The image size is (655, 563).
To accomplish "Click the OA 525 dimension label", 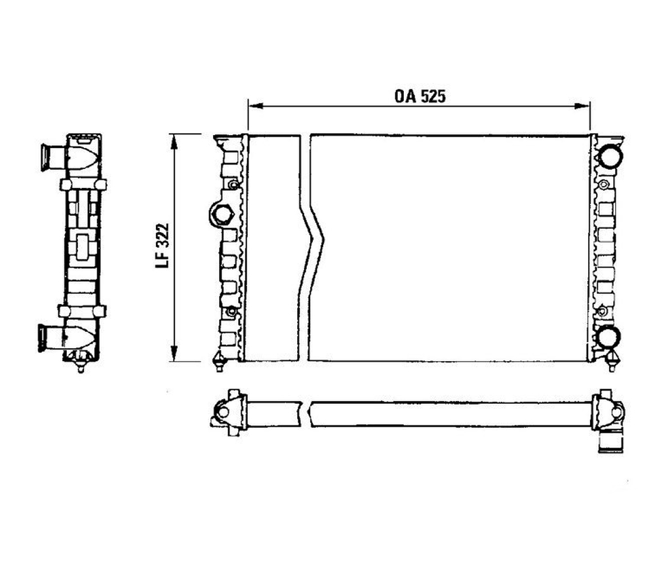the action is [420, 96].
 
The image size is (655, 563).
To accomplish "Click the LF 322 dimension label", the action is [162, 245].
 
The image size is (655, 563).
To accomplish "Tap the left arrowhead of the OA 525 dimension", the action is [255, 106].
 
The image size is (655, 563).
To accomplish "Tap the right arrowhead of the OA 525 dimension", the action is [582, 106].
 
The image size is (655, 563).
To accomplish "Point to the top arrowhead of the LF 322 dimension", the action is [174, 142].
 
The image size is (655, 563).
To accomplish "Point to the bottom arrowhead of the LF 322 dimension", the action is [174, 354].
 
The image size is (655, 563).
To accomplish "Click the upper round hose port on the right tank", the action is [610, 156].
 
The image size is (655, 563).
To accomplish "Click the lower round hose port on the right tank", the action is [608, 337].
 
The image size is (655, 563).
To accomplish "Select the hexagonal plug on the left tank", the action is [220, 214].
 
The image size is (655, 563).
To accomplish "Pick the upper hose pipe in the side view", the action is [54, 157].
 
